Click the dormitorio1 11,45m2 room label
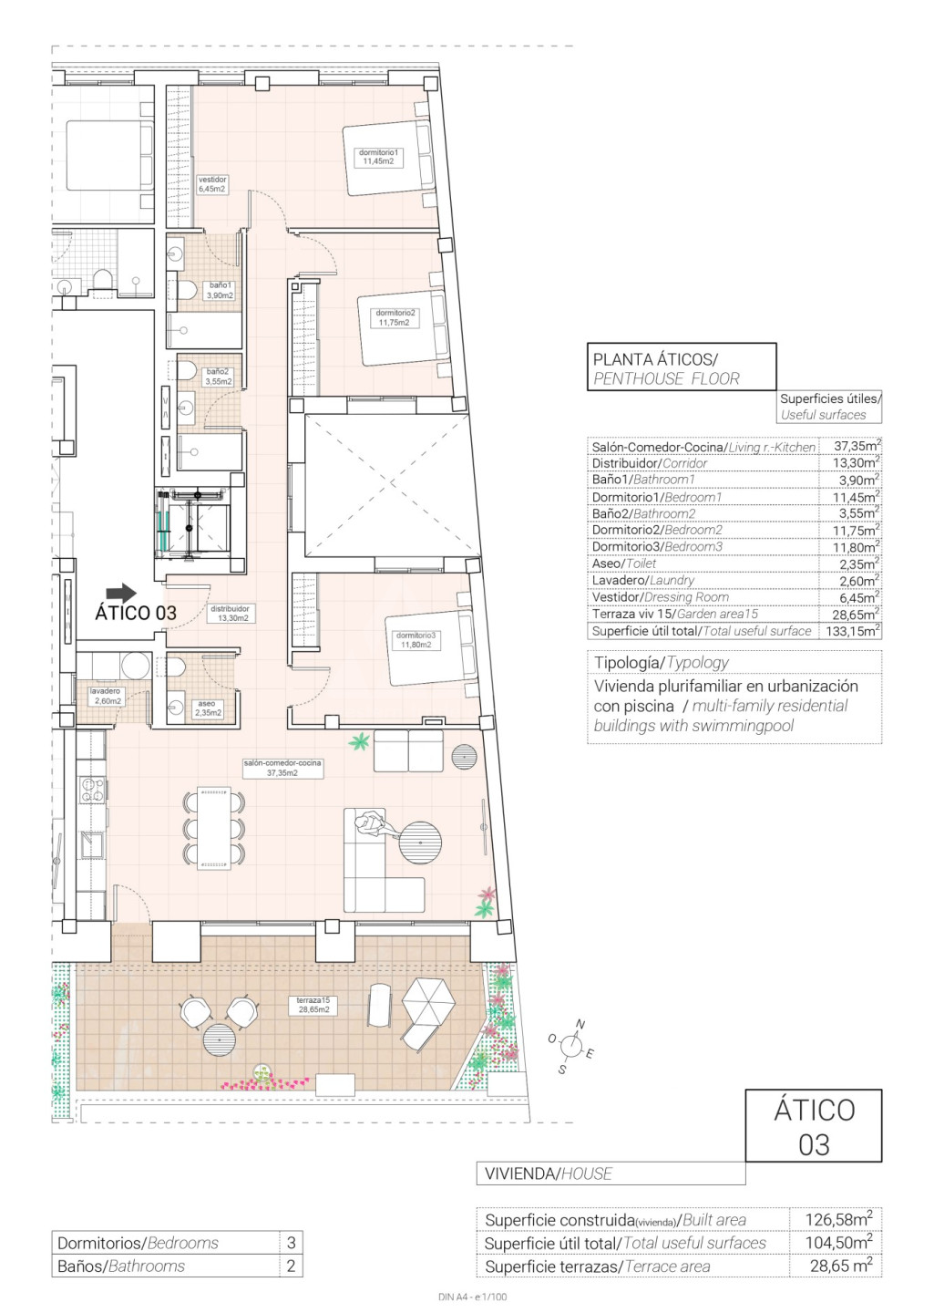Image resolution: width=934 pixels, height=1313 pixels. coord(378,157)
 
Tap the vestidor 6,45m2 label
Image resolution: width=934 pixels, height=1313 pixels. coord(212,184)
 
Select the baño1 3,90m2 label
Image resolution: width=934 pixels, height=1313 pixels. coord(221,291)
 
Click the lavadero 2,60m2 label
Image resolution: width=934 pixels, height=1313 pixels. coord(106,697)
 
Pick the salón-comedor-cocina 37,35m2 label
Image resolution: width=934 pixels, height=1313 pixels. coord(282,769)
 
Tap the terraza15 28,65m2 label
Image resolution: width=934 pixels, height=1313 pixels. coord(313,1005)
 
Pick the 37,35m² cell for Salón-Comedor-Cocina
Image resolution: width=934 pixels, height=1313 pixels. coord(857,446)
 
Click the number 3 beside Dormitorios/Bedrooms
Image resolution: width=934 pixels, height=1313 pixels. coord(292,1242)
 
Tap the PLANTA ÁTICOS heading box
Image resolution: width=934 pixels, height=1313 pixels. coord(682,367)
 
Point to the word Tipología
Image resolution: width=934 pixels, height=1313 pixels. coord(626,663)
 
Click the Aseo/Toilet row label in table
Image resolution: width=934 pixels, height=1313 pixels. coord(623,563)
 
